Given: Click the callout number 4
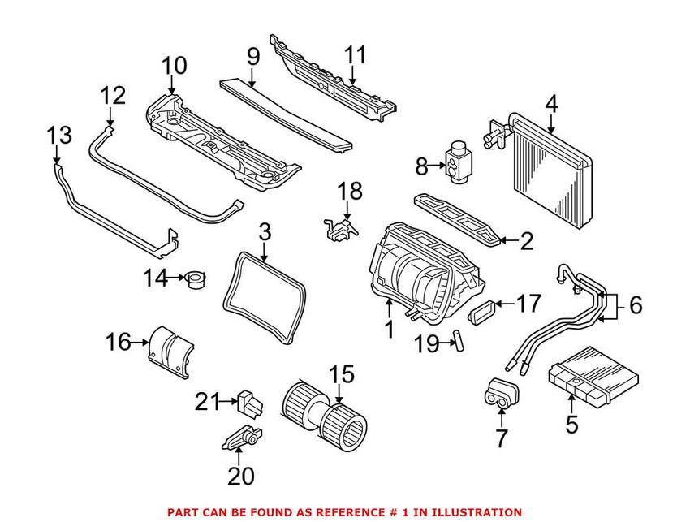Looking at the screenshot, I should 551,104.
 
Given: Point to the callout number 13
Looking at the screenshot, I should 58,134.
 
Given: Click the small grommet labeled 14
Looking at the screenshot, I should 196,280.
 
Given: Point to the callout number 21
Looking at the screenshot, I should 208,401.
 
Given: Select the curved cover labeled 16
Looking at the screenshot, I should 170,350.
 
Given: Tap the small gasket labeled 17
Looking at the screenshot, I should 485,311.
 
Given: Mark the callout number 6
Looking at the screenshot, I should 635,305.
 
